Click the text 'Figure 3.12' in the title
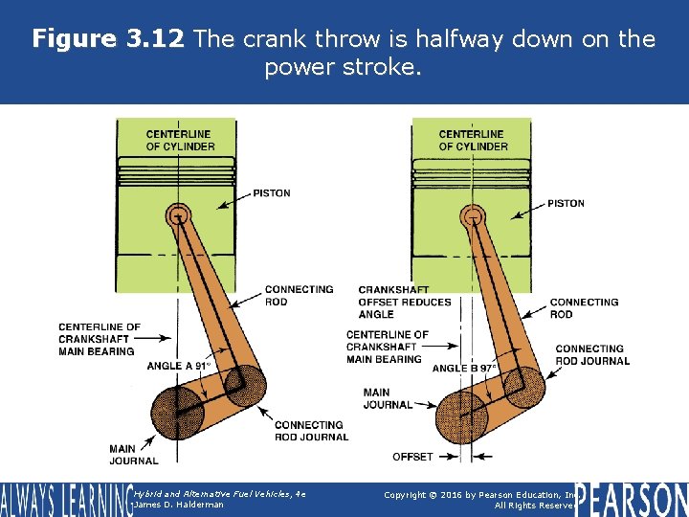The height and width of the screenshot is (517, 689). (109, 39)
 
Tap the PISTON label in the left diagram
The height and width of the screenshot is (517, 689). (272, 193)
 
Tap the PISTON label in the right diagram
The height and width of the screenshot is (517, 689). (566, 203)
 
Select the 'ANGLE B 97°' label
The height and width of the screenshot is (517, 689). (464, 368)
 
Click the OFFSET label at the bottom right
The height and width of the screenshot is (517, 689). (412, 457)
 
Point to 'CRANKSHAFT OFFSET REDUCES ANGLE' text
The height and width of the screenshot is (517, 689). (404, 302)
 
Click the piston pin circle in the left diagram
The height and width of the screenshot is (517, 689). (176, 215)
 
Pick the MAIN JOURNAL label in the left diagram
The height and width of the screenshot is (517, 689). (134, 454)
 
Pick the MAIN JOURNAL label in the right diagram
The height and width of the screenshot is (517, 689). (389, 398)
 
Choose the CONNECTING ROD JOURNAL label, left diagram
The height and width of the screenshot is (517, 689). (311, 431)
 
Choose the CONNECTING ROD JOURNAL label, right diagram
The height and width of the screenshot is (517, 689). (592, 354)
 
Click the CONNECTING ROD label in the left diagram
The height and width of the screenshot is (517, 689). (299, 295)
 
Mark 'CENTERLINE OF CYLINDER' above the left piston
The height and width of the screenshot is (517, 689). (180, 140)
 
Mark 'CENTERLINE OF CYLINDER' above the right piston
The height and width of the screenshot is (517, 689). (473, 140)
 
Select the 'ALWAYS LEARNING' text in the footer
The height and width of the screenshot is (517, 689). (65, 500)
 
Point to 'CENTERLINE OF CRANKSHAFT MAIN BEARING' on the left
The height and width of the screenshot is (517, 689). (99, 339)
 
